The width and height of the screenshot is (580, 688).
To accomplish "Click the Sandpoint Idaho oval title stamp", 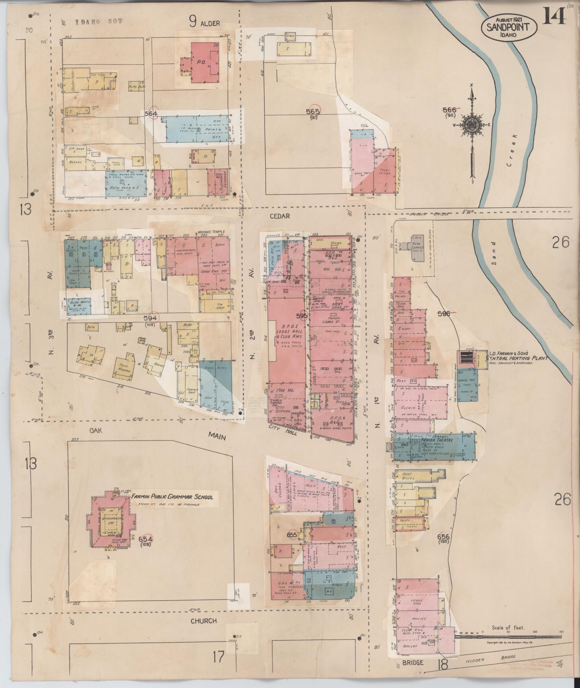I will [510, 26].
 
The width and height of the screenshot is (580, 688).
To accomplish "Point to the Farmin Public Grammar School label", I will [172, 497].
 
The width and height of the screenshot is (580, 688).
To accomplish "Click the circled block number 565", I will [313, 111].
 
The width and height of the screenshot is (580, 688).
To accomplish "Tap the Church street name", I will [204, 620].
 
